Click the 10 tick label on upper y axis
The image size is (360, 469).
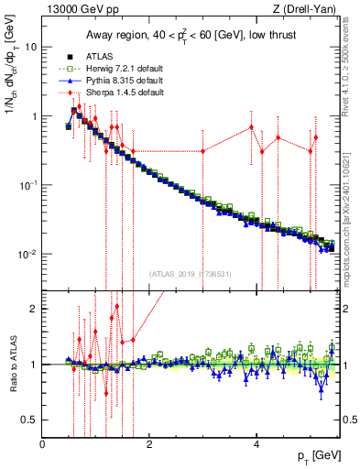pos(30,46)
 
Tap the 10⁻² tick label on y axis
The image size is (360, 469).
pos(27,254)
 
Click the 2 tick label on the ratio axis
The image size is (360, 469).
pos(35,309)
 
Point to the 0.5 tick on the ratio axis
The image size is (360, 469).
pos(30,420)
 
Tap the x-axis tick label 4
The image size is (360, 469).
pos(256,444)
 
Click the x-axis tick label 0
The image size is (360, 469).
pos(43,444)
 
